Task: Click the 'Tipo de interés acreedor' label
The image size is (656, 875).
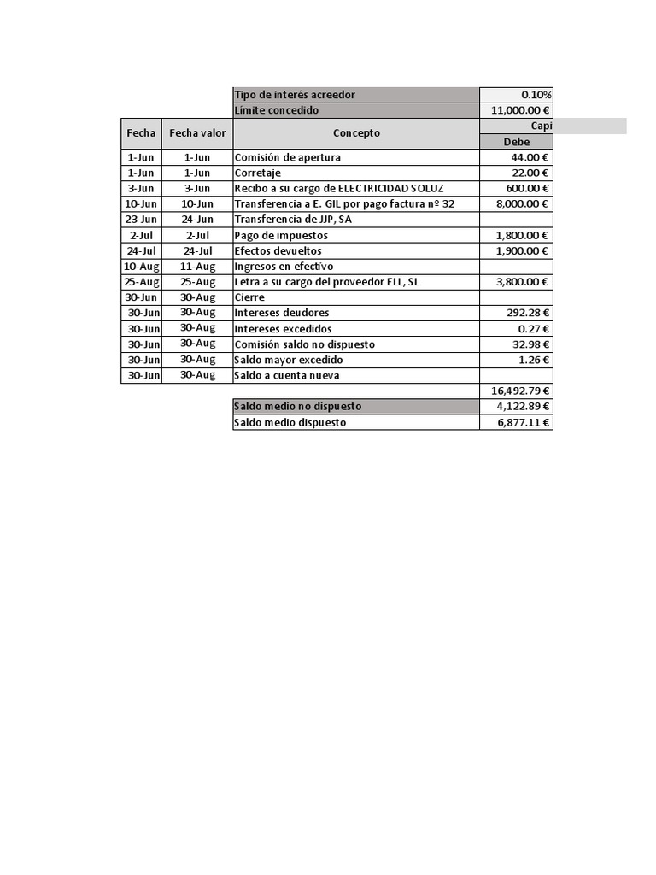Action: [294, 95]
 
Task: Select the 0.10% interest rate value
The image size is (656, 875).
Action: [536, 95]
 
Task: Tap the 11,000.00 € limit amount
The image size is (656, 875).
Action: [521, 110]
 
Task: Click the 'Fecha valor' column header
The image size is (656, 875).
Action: [197, 133]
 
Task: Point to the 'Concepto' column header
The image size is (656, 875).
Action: [356, 133]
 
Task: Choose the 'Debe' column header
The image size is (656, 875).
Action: [516, 142]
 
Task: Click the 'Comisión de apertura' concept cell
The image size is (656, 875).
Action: [287, 157]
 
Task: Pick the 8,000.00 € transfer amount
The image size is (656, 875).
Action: [523, 204]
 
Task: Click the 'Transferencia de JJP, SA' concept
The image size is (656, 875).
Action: [292, 220]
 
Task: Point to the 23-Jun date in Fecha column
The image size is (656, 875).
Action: [142, 220]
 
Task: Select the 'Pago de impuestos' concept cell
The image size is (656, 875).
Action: [280, 235]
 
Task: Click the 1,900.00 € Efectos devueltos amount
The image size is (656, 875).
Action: [523, 250]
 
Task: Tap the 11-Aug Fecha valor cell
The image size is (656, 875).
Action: [197, 266]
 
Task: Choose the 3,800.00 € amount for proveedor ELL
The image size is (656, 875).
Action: [523, 282]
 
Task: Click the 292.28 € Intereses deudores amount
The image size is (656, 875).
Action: [528, 313]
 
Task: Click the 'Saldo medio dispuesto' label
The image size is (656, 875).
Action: [290, 422]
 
